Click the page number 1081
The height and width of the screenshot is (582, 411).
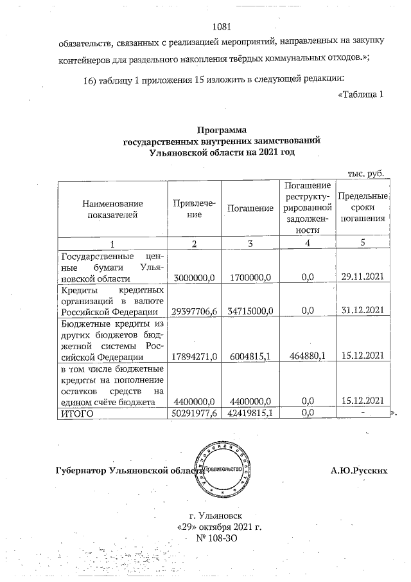tap(220, 27)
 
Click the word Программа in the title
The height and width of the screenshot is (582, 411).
tap(221, 130)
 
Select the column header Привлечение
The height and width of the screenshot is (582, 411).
tap(193, 208)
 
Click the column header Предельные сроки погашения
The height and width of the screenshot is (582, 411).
tap(363, 207)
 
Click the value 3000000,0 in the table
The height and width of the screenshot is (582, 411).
tap(194, 277)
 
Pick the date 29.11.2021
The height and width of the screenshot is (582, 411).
tap(363, 277)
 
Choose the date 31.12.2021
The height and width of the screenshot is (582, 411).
tap(363, 311)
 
